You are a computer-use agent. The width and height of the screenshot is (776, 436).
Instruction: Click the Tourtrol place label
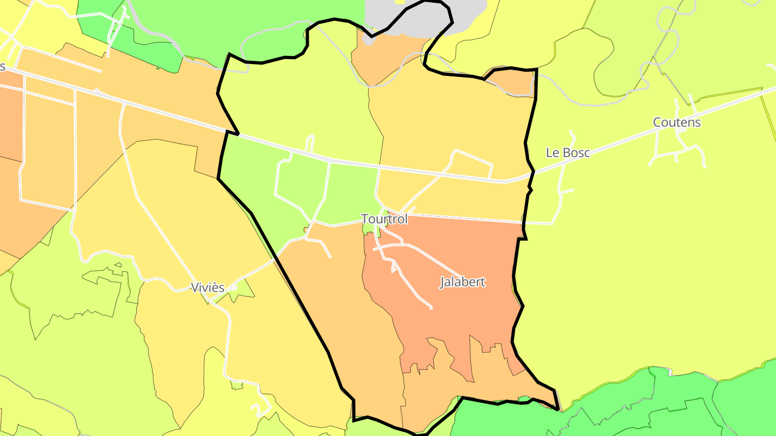384,219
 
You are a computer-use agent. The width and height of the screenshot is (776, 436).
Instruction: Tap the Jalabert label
462,282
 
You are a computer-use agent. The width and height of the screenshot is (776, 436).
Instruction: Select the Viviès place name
207,287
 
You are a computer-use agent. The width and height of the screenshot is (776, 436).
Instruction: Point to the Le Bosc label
567,152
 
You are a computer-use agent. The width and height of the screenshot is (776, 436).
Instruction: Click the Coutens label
677,122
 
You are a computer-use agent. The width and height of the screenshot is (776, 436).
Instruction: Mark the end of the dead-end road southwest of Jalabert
431,308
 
